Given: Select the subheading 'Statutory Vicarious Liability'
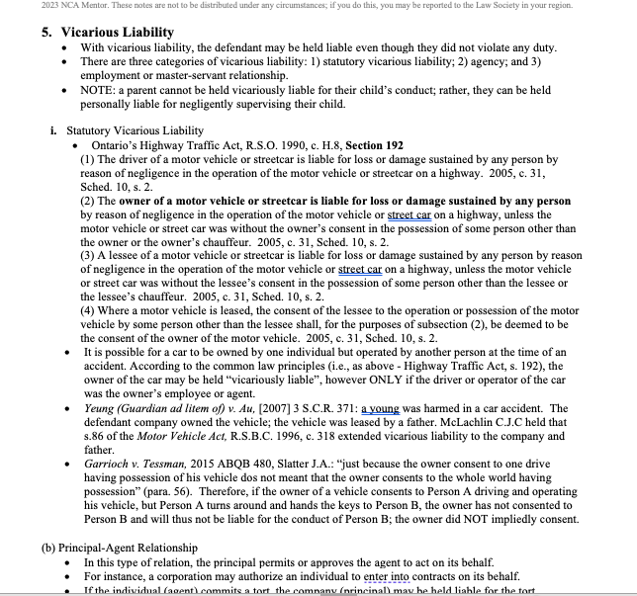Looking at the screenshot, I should coord(136,130).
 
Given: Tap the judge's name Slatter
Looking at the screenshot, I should coord(303,464).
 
